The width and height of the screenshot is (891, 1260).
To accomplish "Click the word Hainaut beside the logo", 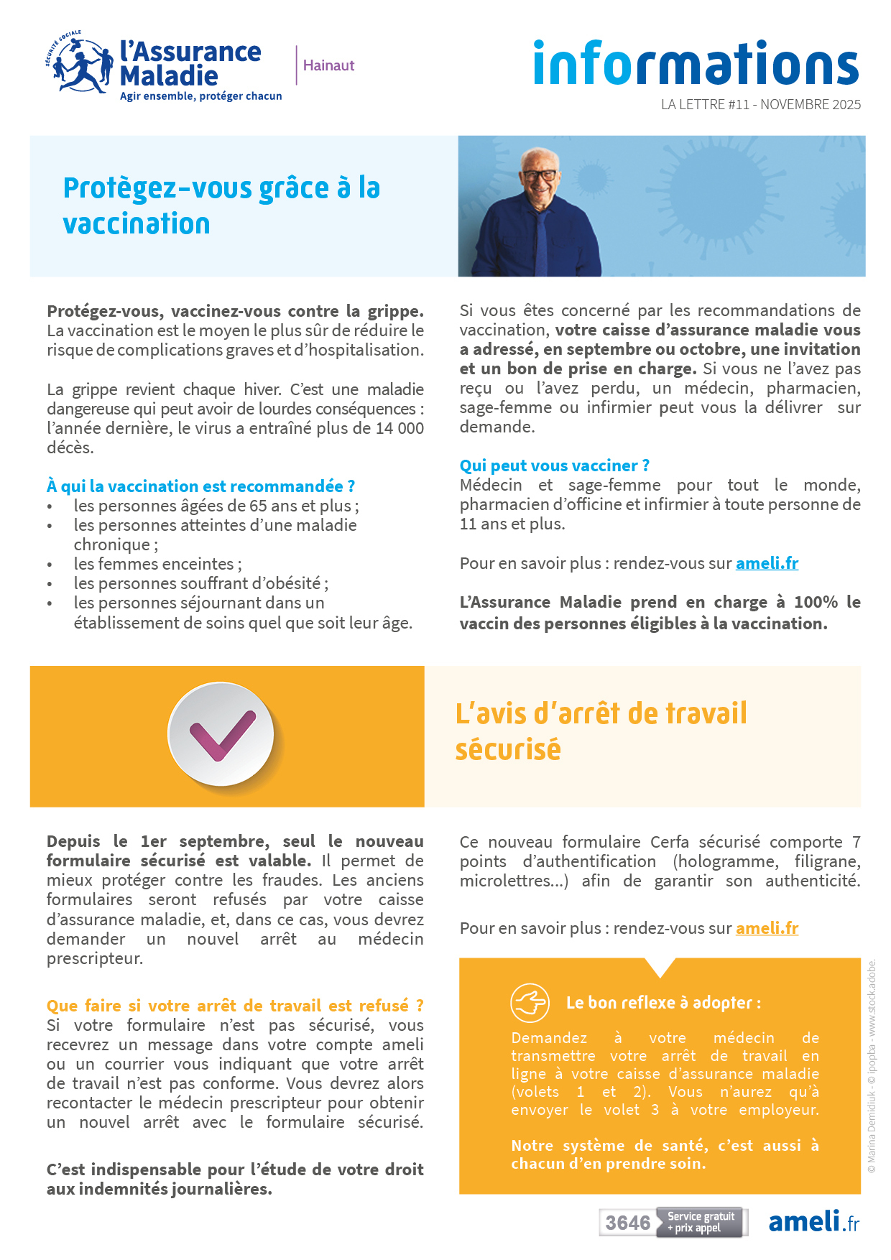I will (x=328, y=65).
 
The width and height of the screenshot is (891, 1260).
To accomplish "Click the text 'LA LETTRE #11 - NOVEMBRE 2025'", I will (x=760, y=104).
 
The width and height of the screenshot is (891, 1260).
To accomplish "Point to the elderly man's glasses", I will (x=539, y=175).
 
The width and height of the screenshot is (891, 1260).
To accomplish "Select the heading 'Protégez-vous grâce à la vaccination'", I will (x=221, y=205).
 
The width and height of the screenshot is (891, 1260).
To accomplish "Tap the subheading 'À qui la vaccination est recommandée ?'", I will (x=200, y=486).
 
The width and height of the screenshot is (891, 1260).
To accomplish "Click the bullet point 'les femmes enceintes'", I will (x=157, y=564).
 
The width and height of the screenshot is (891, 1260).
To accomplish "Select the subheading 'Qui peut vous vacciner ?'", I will (x=554, y=465).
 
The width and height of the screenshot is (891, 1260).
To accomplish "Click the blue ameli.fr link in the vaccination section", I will (x=767, y=563).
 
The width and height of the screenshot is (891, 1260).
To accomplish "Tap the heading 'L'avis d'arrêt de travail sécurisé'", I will (x=601, y=731).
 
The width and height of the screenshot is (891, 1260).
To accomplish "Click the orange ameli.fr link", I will (x=767, y=928).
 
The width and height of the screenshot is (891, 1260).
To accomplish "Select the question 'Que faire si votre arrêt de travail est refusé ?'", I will (x=235, y=1006).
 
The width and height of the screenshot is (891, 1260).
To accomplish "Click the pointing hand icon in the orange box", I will (x=530, y=1002).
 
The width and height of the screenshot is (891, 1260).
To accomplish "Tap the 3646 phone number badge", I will (x=627, y=1223).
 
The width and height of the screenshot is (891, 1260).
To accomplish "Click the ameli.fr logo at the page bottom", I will (x=813, y=1222).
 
